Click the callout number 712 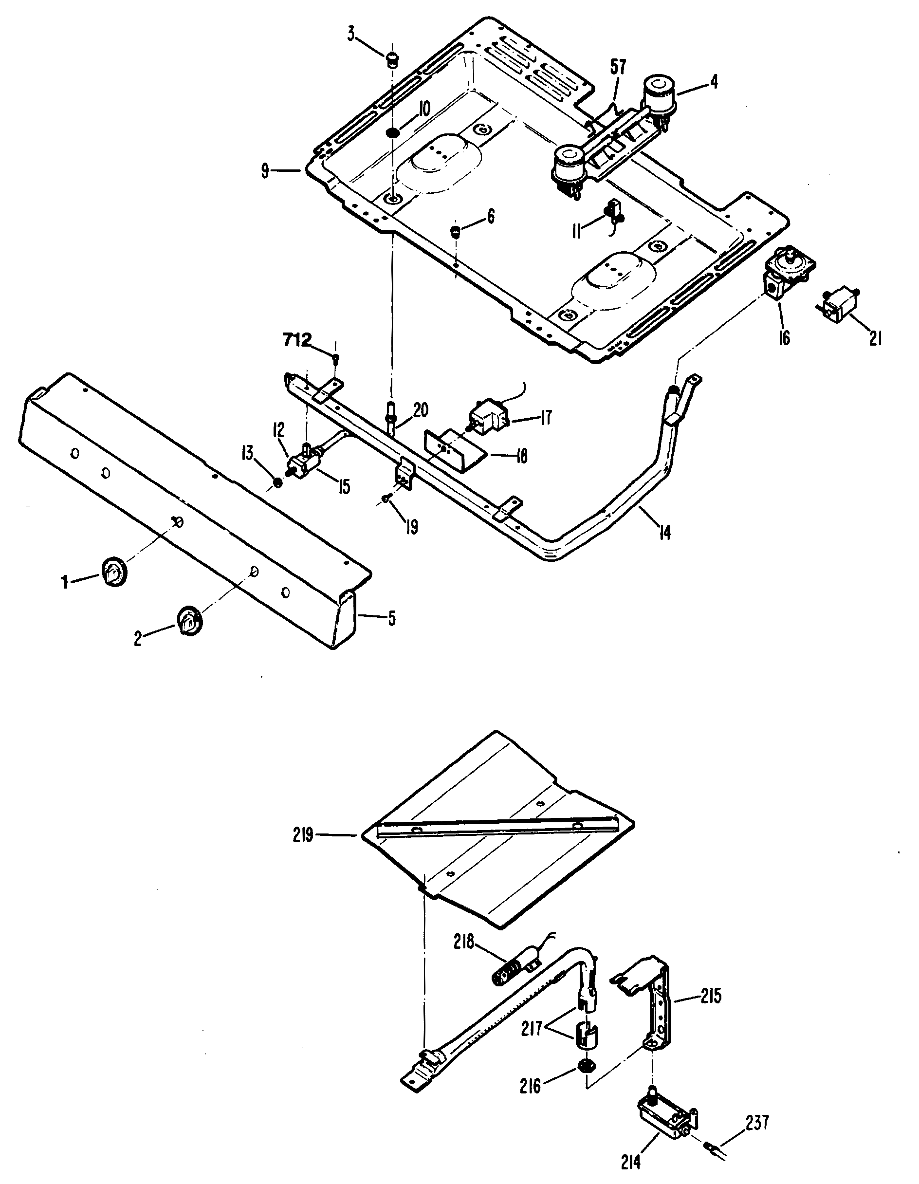tap(297, 340)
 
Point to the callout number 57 tap(618, 68)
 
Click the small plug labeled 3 tap(392, 58)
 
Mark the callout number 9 tap(265, 172)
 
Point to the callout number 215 tap(711, 997)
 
